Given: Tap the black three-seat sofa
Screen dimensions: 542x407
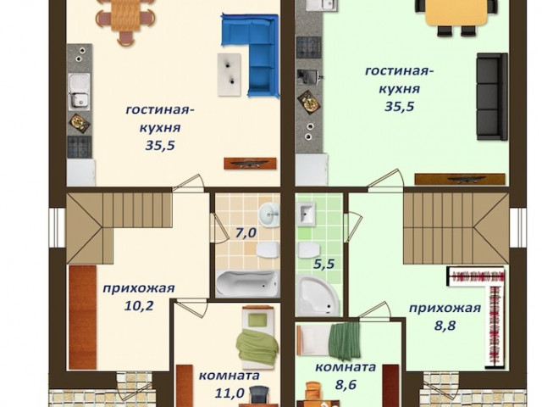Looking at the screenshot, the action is point(492,97).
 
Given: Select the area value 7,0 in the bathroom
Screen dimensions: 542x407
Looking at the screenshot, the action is point(246,233).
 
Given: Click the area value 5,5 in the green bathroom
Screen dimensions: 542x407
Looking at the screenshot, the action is point(324,264).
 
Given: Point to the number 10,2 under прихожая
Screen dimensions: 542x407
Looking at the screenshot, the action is point(138,306).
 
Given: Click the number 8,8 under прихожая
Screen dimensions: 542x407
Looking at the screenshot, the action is point(445,326).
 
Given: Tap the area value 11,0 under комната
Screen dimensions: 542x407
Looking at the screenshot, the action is point(230,393).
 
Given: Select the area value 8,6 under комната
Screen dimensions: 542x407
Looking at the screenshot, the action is point(346,384).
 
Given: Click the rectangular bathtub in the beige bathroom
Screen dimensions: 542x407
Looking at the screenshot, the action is point(247,284).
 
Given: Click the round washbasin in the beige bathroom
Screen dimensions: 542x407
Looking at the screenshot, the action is point(269,215).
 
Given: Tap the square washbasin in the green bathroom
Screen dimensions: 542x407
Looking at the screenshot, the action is point(306,215).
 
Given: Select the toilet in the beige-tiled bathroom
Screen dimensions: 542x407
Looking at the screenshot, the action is point(268,250).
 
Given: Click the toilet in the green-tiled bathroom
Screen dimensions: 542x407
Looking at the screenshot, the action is point(309,250).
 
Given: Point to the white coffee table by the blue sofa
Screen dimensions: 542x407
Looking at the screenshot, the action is point(230,75).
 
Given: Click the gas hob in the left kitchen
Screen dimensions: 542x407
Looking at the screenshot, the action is point(80,147).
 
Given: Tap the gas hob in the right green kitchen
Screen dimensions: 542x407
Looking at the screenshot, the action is point(309,47).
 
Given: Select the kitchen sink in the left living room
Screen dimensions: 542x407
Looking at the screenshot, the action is point(79,92).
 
